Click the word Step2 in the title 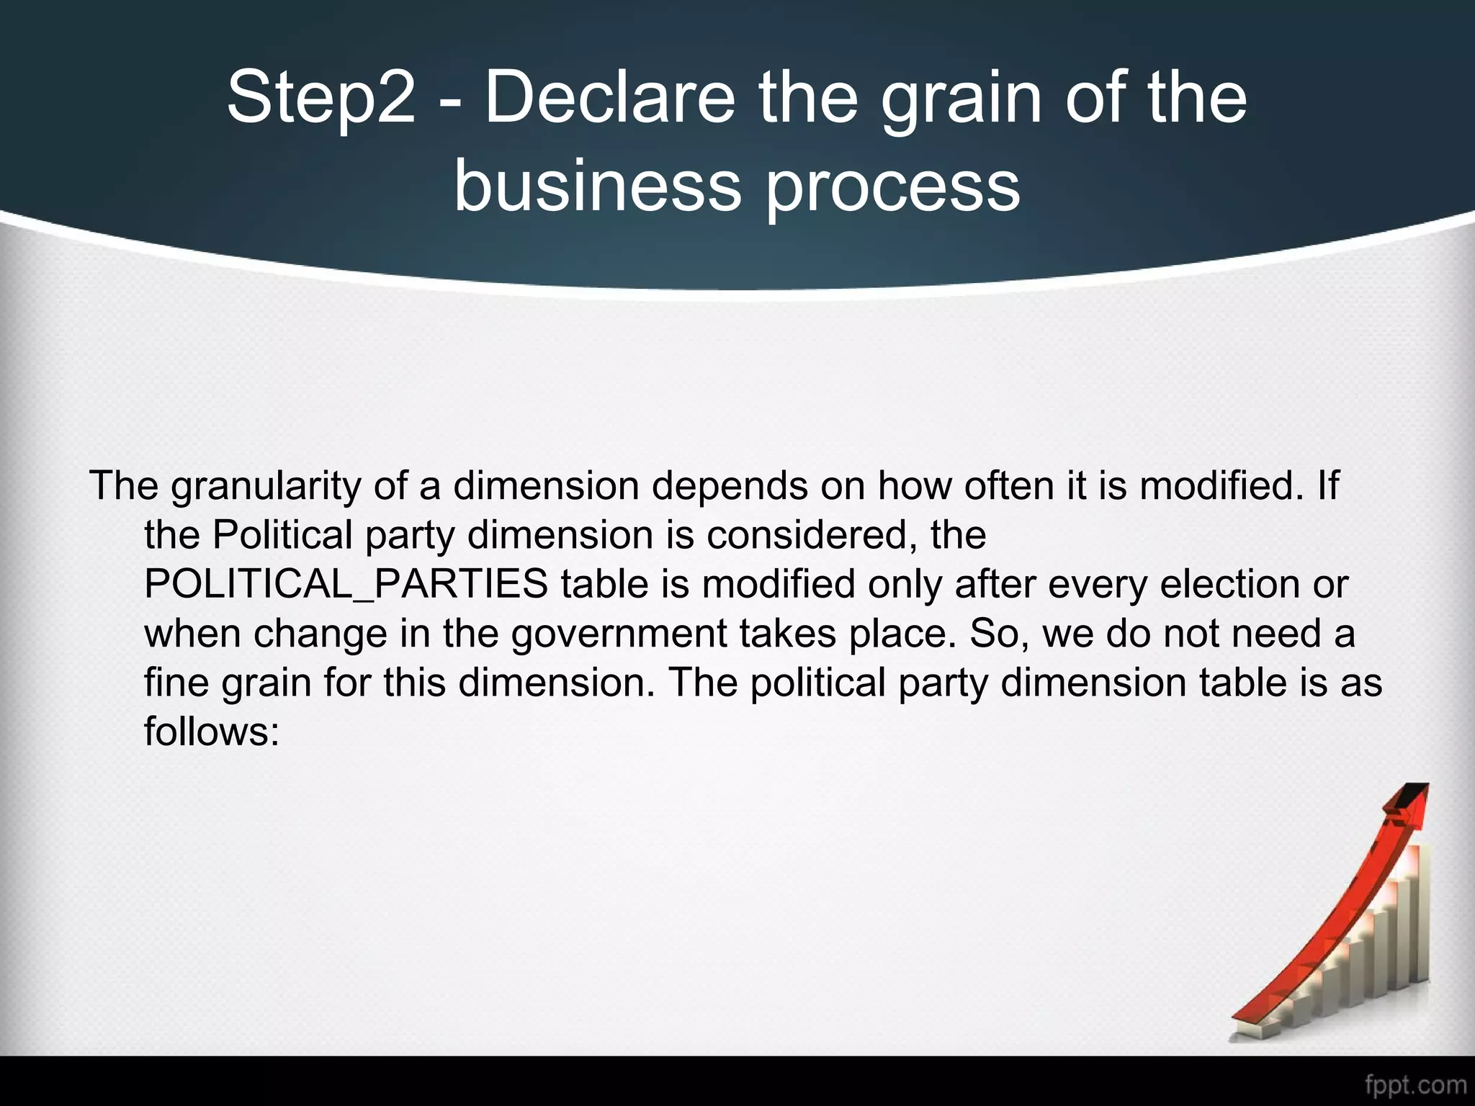pos(321,99)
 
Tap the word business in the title pos(597,186)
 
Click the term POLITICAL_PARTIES pos(346,585)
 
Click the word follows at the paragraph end pos(211,732)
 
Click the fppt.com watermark pos(1415,1084)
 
